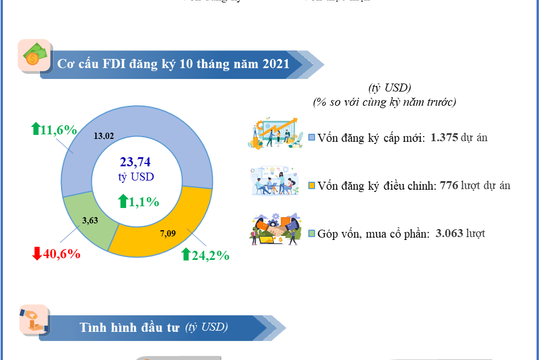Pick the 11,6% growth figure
[x=59, y=130]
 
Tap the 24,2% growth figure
[x=212, y=255]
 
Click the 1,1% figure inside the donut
[x=143, y=201]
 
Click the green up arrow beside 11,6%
[x=36, y=130]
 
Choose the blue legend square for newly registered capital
[x=312, y=137]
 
